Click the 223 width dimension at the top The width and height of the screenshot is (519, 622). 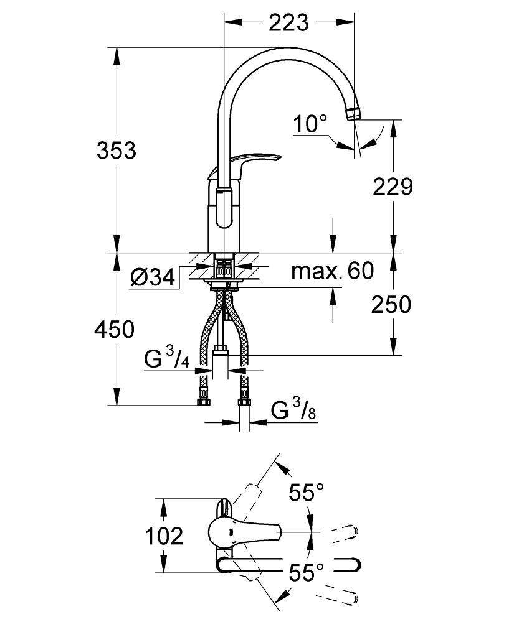click(x=289, y=22)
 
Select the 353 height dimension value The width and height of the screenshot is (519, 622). click(x=116, y=150)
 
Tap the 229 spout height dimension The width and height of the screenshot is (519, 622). click(x=393, y=186)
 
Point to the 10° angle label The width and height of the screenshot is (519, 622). click(x=310, y=124)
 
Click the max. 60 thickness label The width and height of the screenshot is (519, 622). click(x=333, y=271)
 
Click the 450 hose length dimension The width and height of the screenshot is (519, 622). click(x=114, y=329)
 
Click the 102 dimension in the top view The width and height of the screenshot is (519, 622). click(x=164, y=536)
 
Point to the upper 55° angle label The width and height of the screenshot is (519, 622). click(x=306, y=494)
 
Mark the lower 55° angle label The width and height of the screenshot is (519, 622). click(x=306, y=572)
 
